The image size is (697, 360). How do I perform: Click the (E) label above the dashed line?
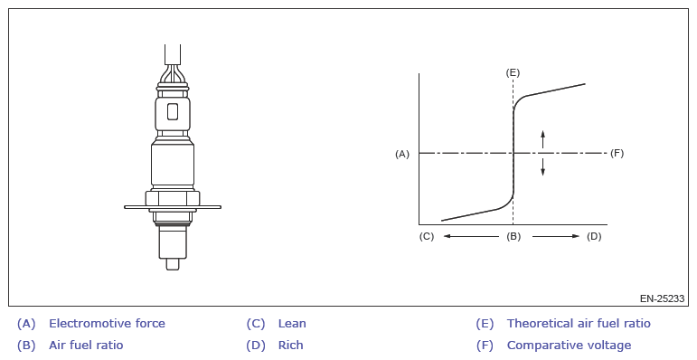point(513,72)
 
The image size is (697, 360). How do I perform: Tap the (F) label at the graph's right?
point(617,154)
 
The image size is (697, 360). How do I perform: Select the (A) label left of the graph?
point(402,154)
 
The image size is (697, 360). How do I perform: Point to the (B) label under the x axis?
point(513,236)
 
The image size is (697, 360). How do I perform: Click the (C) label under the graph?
point(427,236)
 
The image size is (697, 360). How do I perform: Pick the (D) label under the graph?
point(594,236)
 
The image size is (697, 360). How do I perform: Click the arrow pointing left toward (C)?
point(471,236)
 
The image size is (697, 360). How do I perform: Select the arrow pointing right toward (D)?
point(556,236)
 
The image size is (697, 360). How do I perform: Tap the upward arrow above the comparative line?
point(542,138)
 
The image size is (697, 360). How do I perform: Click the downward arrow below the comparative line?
point(542,166)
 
